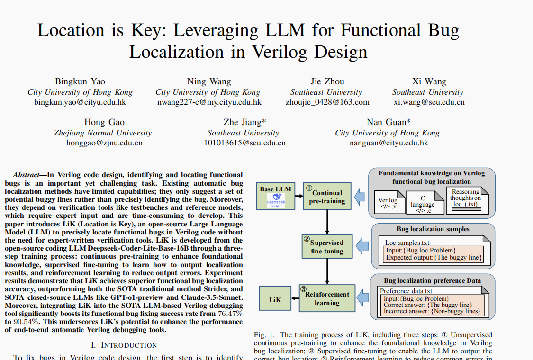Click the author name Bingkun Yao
point(80,81)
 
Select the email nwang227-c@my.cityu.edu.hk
point(208,102)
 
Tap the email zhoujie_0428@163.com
point(327,102)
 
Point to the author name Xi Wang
point(429,81)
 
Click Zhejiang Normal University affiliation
point(103,133)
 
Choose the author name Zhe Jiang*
point(244,122)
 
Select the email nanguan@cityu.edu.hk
point(388,143)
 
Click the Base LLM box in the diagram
point(275,195)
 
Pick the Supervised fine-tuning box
point(327,246)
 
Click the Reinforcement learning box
point(327,298)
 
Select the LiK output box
point(275,299)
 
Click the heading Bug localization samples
point(433,229)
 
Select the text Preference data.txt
point(406,291)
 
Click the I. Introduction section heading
point(124,345)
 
